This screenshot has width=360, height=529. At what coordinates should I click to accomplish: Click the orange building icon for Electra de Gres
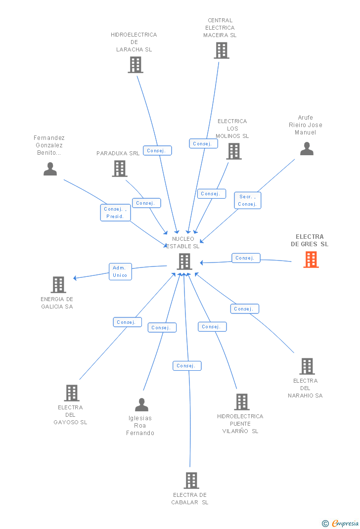(x=311, y=259)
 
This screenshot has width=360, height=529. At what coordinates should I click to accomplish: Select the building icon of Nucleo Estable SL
(x=184, y=261)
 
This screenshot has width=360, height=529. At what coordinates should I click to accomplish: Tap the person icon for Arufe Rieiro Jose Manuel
(x=307, y=148)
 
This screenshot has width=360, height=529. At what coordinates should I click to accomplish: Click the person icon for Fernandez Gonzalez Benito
(x=50, y=169)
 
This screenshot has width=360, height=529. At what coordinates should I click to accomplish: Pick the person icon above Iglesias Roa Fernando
(x=141, y=404)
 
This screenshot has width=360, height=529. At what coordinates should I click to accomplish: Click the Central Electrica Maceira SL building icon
(x=221, y=50)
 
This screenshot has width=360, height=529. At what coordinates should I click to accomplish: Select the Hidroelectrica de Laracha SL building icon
(x=135, y=64)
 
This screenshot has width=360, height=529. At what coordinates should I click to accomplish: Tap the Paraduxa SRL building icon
(x=119, y=168)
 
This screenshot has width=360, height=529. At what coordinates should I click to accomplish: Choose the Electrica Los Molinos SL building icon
(x=233, y=151)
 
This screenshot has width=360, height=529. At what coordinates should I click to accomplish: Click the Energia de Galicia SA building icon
(x=58, y=284)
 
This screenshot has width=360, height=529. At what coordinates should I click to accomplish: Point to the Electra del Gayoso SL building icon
(x=72, y=393)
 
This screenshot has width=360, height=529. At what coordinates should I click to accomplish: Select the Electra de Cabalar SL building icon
(x=191, y=480)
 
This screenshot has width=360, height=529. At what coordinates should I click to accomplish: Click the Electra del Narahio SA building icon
(x=307, y=366)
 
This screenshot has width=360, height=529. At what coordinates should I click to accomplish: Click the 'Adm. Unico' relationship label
(x=120, y=271)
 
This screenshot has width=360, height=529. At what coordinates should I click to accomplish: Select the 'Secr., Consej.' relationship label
(x=247, y=200)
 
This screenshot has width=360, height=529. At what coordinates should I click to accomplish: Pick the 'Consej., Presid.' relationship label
(x=116, y=213)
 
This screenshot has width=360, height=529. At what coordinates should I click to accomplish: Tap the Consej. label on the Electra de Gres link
(x=246, y=258)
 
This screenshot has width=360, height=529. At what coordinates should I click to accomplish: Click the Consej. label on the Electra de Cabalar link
(x=187, y=366)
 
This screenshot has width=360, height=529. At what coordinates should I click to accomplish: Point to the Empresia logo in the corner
(x=341, y=523)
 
